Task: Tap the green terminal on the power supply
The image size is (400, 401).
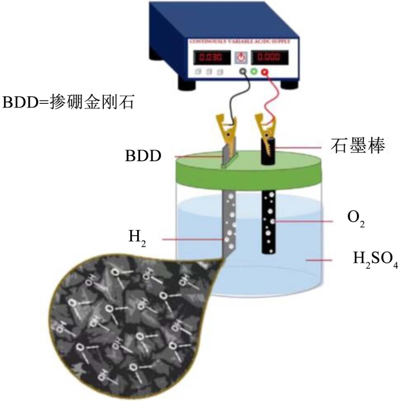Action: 255,73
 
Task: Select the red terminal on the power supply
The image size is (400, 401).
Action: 265,73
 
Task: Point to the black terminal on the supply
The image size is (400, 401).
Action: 244,73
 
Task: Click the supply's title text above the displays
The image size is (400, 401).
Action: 242,42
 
